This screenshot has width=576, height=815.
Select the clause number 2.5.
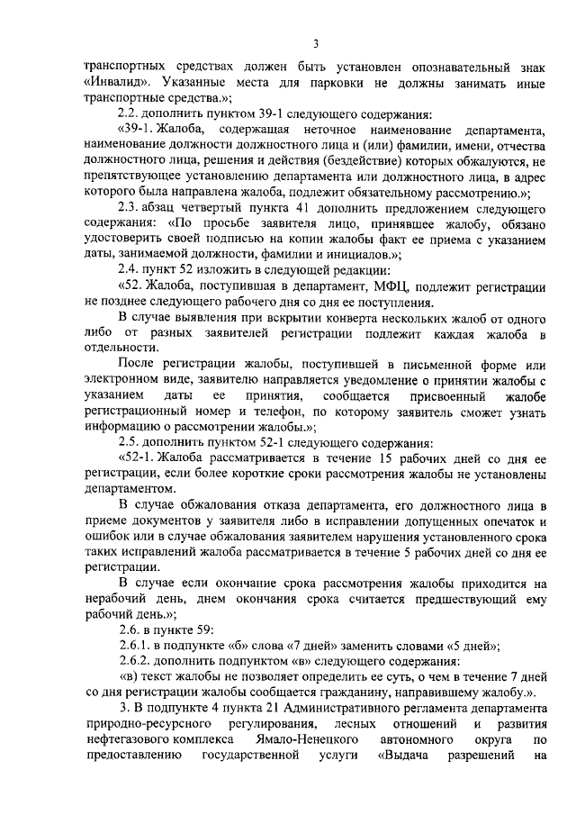tap(130, 442)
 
